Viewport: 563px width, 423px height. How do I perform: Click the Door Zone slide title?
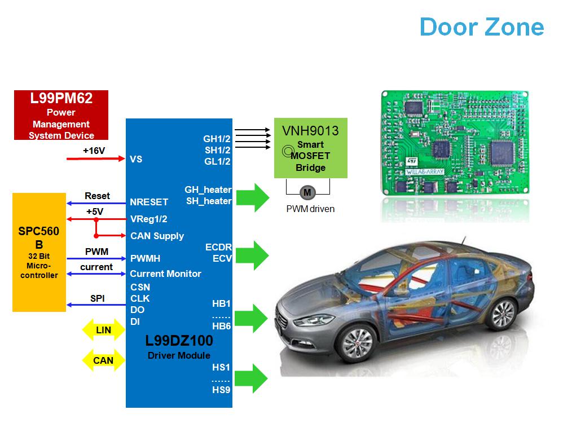pyautogui.click(x=482, y=27)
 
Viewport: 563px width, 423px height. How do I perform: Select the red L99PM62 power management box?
pyautogui.click(x=61, y=116)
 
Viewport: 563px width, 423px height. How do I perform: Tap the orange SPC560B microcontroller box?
pyautogui.click(x=39, y=252)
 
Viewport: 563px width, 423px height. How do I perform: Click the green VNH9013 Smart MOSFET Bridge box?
pyautogui.click(x=311, y=148)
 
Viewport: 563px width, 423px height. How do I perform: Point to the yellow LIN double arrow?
pyautogui.click(x=103, y=330)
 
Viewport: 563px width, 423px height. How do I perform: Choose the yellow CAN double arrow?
pyautogui.click(x=103, y=360)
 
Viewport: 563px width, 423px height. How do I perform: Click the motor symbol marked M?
pyautogui.click(x=307, y=192)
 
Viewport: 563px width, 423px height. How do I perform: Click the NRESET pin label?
pyautogui.click(x=149, y=202)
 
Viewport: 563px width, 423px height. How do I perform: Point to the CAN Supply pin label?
pyautogui.click(x=157, y=236)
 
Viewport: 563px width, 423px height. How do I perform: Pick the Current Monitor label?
pyautogui.click(x=165, y=274)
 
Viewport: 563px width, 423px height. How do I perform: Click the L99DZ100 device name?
pyautogui.click(x=179, y=341)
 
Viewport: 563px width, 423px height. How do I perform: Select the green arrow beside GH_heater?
pyautogui.click(x=253, y=197)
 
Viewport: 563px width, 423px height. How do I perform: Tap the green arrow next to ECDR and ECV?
pyautogui.click(x=253, y=255)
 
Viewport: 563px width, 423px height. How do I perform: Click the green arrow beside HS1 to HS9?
pyautogui.click(x=253, y=378)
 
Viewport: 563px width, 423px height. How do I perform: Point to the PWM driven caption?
pyautogui.click(x=310, y=209)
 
